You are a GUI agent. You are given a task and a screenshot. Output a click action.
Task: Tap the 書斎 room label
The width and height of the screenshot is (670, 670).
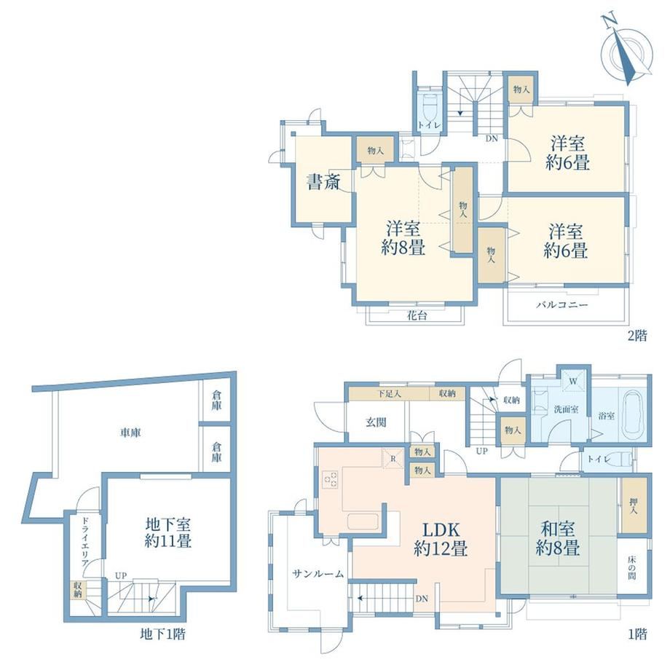pos(323,183)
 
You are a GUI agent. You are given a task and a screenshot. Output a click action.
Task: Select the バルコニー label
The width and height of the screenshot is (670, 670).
pos(562,305)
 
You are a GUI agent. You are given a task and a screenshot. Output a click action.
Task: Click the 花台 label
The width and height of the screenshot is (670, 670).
pos(417,315)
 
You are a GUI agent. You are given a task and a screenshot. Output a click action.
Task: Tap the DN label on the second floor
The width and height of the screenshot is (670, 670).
pos(492,138)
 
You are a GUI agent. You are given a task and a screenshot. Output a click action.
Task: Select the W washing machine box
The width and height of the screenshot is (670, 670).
pos(573,381)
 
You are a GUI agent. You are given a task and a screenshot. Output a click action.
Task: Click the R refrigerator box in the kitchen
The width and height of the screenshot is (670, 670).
pos(393,459)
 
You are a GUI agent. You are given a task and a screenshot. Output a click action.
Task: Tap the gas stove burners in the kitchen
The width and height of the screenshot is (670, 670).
pos(330,479)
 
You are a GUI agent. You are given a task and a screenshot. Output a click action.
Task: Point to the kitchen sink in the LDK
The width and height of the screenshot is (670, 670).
pos(363,521)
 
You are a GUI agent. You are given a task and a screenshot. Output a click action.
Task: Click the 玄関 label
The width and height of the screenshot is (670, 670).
pos(376,422)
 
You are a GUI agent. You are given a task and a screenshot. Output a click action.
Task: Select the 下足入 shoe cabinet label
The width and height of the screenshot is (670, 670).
pos(389,393)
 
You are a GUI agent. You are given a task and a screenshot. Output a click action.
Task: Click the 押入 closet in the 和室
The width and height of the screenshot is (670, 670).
pos(634,505)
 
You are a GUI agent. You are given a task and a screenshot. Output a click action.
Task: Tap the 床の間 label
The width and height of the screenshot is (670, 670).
pos(632,567)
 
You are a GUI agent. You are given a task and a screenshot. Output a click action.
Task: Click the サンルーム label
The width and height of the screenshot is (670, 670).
pos(318,574)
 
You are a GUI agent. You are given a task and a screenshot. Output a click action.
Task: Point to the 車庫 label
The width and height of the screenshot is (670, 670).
pos(130,433)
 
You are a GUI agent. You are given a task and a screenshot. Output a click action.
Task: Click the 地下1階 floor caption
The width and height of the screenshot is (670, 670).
pos(163,634)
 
